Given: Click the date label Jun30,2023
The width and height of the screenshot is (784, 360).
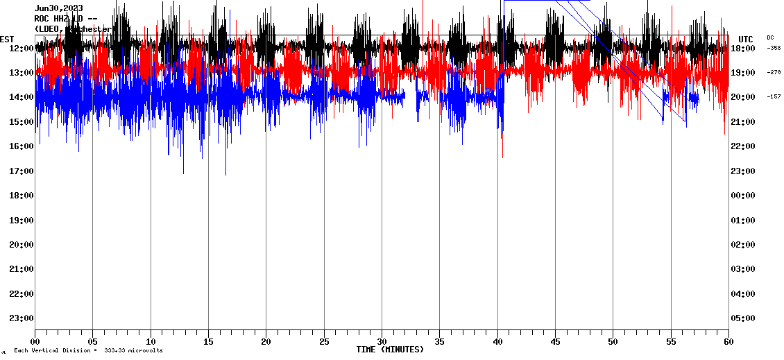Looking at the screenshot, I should coord(58,8).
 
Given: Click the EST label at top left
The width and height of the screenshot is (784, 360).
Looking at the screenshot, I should coord(7,39).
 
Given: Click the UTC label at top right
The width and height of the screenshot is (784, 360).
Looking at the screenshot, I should coord(746,39).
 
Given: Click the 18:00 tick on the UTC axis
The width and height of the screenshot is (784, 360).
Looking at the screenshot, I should coord(743,48).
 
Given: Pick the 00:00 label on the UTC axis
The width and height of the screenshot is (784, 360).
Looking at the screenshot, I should coord(743,195).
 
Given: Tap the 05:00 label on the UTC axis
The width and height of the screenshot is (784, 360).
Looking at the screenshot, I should coord(743,318).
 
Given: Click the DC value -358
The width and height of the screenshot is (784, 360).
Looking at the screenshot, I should coord(774,48).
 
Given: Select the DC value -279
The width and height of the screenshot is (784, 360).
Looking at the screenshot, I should coord(774,72).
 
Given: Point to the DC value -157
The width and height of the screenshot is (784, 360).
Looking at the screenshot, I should coord(774,96).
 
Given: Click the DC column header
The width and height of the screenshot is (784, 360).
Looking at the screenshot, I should coord(771,37).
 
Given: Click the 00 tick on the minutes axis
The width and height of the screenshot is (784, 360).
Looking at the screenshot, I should coord(35,342).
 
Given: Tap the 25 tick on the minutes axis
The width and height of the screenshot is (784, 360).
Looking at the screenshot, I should coord(324,342).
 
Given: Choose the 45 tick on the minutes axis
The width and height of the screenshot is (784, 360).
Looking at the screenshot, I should coord(555,342).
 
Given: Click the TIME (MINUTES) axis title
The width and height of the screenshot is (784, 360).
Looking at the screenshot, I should coord(390,350).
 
